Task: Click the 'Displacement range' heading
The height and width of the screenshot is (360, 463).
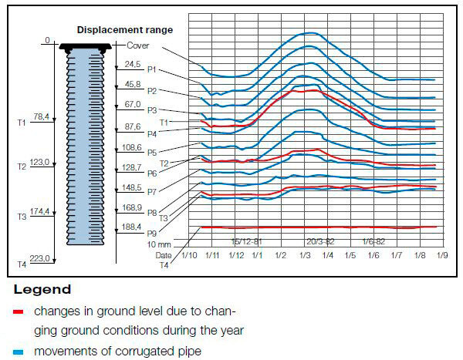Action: coord(124,30)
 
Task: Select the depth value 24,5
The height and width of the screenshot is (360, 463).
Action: coord(132,65)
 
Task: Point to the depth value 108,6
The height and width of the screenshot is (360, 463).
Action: coord(132,146)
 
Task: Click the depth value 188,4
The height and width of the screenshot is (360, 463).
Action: coord(132,227)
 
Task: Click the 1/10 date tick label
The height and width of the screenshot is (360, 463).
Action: coord(190,254)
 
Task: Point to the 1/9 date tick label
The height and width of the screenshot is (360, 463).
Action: coord(443,254)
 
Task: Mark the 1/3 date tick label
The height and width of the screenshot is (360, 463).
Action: coord(304,254)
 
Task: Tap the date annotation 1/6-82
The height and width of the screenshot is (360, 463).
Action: coord(374,241)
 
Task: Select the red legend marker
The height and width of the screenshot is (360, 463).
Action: coord(18,312)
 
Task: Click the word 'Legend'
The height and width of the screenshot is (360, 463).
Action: coord(42,290)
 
